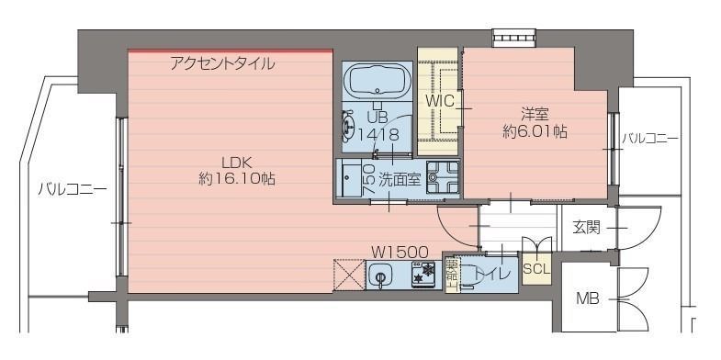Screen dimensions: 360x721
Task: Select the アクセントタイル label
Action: (222, 64)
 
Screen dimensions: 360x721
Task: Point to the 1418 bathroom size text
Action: (377, 134)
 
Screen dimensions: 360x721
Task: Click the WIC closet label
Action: (439, 99)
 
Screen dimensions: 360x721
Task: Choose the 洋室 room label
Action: (535, 115)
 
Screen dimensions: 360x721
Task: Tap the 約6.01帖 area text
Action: (535, 131)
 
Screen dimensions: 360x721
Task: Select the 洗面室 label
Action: (400, 179)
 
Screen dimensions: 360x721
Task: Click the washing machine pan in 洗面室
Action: (442, 178)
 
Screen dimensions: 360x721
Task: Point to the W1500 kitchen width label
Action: (400, 250)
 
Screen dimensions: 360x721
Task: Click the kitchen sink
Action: (380, 275)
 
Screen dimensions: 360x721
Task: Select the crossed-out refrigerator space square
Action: (348, 275)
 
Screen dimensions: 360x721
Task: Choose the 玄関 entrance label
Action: (586, 226)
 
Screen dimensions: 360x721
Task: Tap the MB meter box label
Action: (587, 298)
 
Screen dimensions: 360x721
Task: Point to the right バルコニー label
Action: (649, 139)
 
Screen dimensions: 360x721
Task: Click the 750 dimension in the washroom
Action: (368, 177)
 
